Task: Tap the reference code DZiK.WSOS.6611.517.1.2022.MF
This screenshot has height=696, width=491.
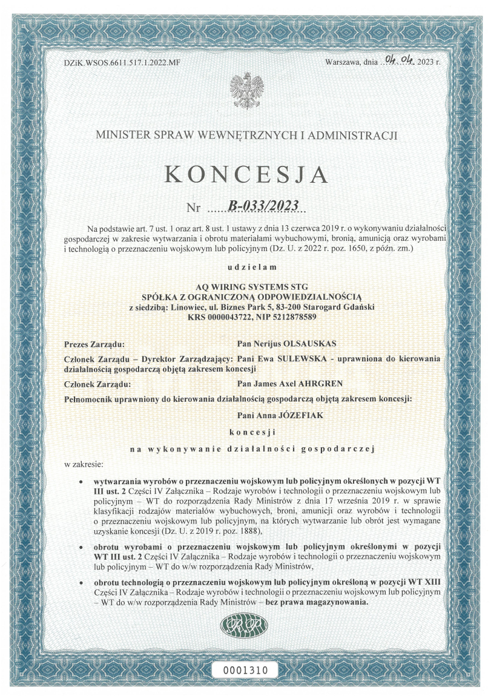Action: (122, 62)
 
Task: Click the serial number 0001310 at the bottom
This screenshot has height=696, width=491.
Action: (246, 669)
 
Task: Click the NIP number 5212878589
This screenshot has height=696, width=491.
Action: (295, 317)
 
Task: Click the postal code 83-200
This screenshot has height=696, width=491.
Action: (293, 307)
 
